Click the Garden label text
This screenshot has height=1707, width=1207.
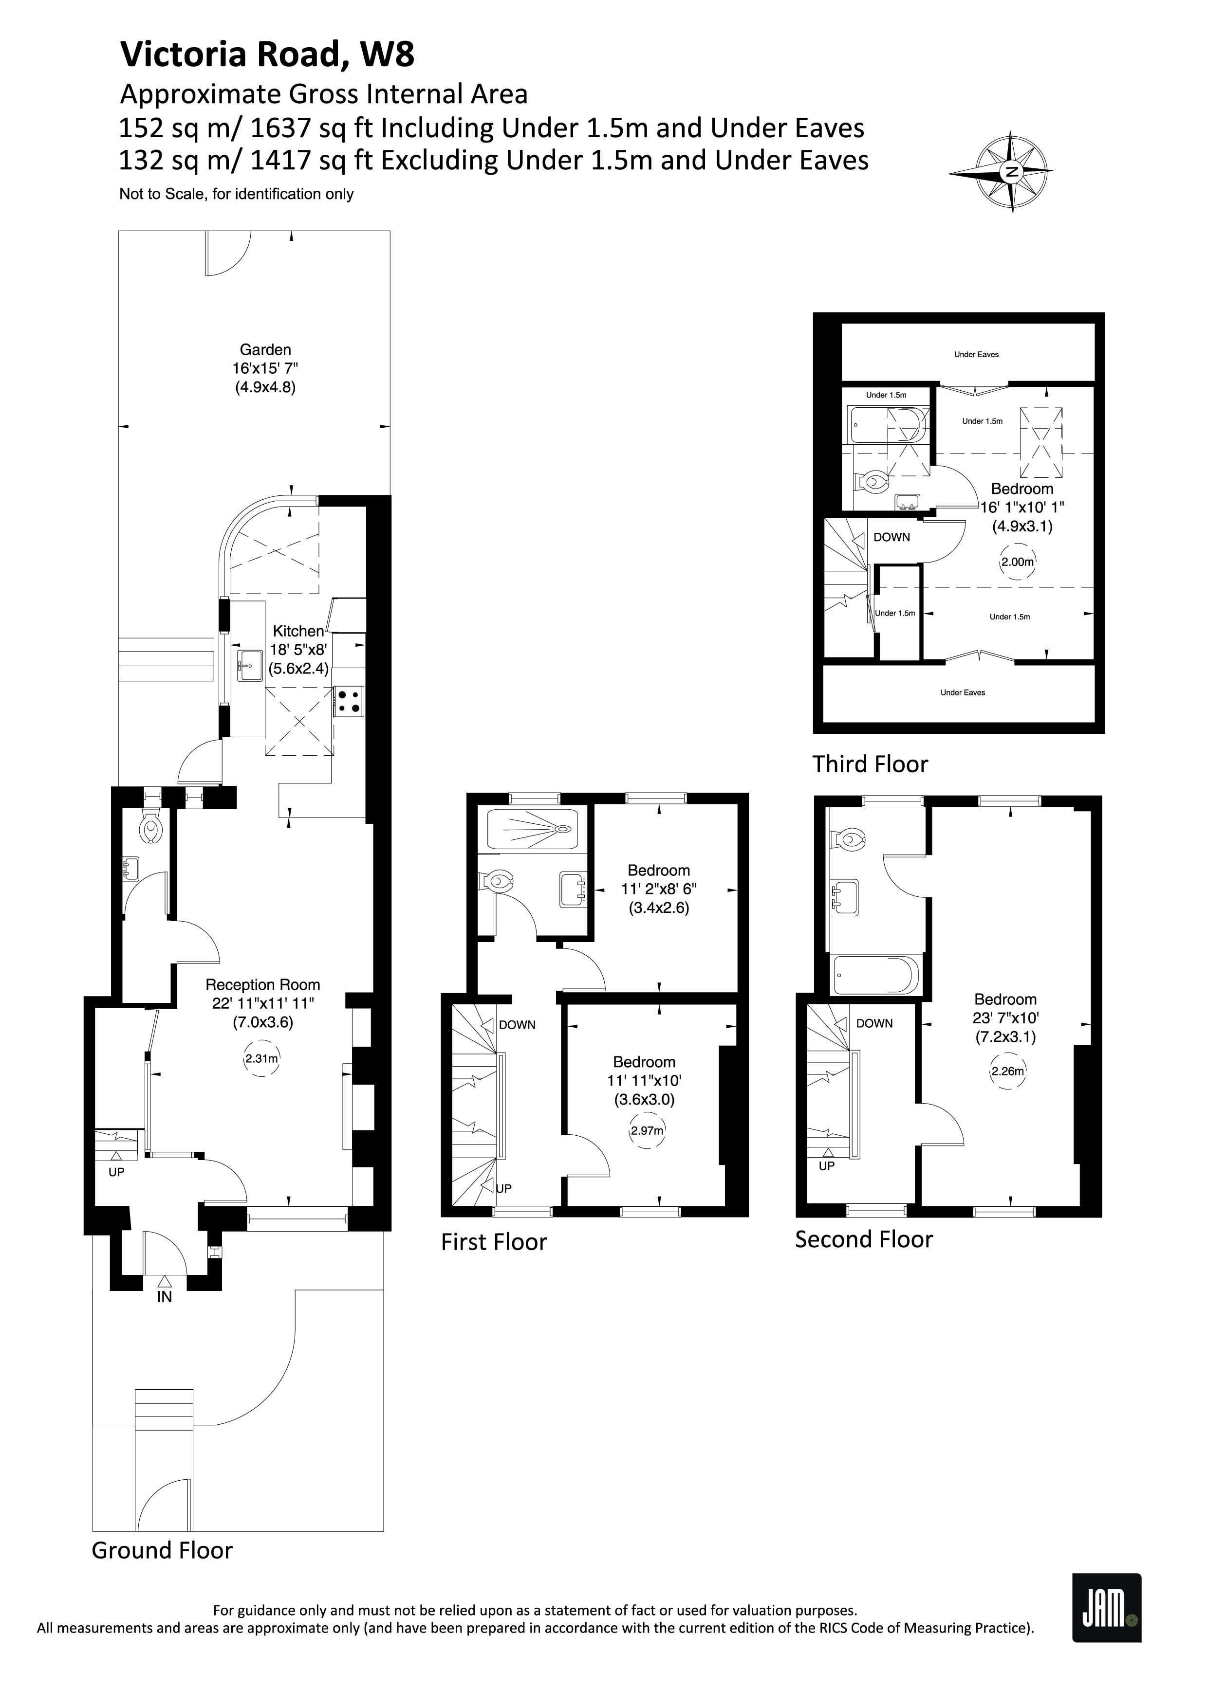(x=265, y=349)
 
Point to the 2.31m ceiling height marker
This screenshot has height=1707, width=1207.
(x=262, y=1059)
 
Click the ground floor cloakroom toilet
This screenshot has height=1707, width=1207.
(x=151, y=828)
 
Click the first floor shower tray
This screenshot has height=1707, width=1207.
(x=532, y=829)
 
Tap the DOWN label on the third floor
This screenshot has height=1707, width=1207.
(x=891, y=537)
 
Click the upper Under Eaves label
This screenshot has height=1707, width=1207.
(x=977, y=355)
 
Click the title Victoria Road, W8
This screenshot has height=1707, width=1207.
(x=268, y=54)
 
